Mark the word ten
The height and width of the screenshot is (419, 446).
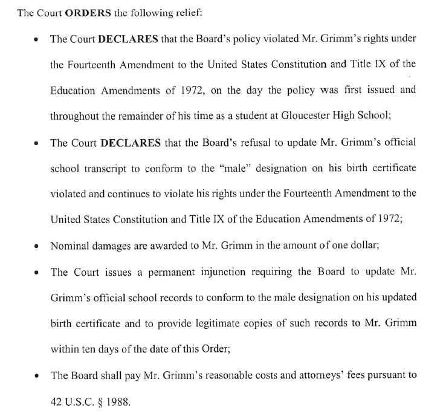[89, 349]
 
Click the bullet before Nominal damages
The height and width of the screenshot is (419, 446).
[37, 247]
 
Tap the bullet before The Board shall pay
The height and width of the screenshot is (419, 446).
[37, 377]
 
